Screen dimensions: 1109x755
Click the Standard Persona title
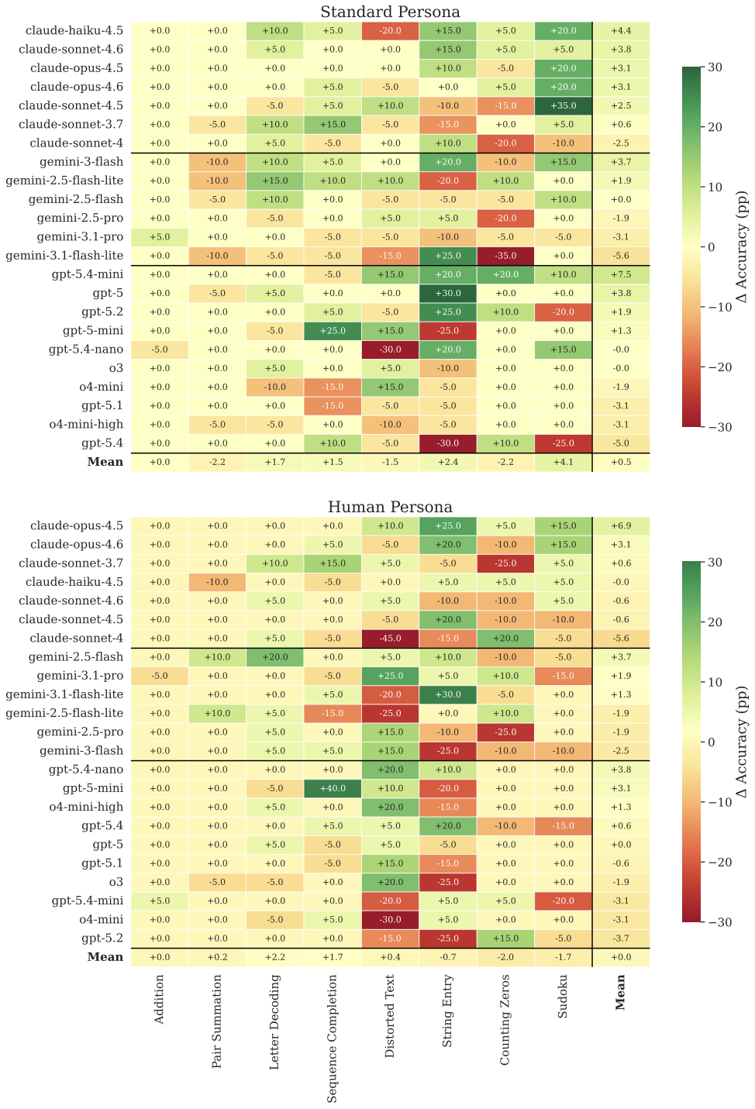390,12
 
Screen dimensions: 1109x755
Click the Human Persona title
390,507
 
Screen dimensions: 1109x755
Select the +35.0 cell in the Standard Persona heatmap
563,105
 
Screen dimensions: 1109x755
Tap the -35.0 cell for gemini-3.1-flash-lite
505,256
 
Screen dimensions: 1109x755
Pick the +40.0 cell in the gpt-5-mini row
333,788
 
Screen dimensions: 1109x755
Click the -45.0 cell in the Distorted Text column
390,638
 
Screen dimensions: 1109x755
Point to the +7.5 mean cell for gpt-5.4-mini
621,274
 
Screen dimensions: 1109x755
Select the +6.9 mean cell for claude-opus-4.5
621,525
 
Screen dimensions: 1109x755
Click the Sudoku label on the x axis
563,1000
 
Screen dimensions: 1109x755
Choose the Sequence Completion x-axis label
333,1038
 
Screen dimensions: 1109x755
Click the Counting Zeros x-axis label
505,1019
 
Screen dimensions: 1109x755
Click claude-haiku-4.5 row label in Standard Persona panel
74,31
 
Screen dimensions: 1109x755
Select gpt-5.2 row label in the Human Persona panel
102,938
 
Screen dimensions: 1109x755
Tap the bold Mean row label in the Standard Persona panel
105,462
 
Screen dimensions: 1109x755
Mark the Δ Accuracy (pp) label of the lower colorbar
742,742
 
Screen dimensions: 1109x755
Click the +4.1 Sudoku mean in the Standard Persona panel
563,462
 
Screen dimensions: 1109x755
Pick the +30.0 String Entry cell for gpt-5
448,293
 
